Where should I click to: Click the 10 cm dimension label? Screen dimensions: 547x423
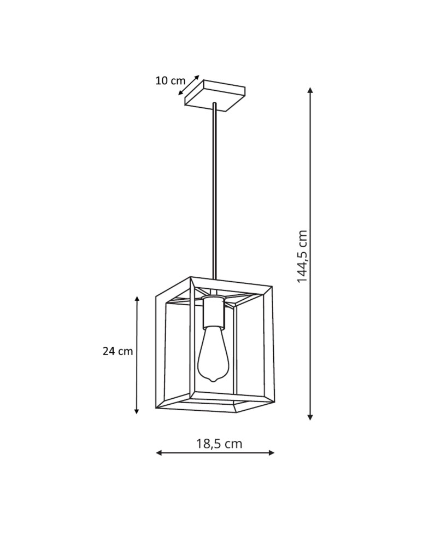pos(170,80)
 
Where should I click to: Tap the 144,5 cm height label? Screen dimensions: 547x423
pos(302,256)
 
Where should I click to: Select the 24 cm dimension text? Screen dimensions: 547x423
pos(117,351)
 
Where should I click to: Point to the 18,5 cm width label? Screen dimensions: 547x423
pos(219,444)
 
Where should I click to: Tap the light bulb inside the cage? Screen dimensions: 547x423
pos(213,353)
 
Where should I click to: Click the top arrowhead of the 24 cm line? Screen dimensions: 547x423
pos(137,299)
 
